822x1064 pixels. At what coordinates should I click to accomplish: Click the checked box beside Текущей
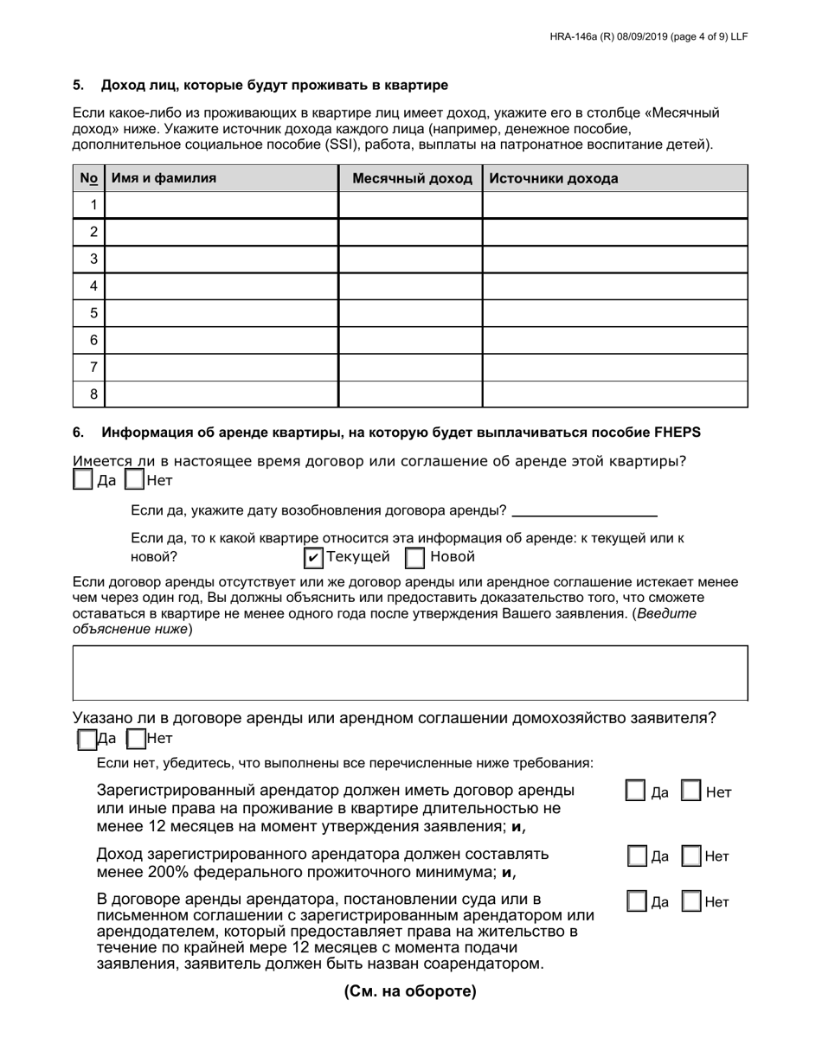[313, 557]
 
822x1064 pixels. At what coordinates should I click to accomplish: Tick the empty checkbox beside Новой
[415, 557]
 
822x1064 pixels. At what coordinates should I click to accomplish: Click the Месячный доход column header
[410, 179]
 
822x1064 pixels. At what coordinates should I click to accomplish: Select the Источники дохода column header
[554, 179]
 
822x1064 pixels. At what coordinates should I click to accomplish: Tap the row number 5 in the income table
[93, 313]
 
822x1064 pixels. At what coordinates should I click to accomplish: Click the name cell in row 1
[221, 205]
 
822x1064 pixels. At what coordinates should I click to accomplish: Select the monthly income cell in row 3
[410, 259]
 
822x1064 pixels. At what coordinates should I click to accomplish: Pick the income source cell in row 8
[614, 394]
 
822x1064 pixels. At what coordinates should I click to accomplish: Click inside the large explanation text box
[410, 672]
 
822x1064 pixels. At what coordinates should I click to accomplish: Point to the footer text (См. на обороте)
[410, 991]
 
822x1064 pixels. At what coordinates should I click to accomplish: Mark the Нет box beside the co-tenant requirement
[692, 901]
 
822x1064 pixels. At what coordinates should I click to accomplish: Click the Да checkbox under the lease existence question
[83, 479]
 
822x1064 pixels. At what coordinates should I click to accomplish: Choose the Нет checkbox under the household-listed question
[135, 739]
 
